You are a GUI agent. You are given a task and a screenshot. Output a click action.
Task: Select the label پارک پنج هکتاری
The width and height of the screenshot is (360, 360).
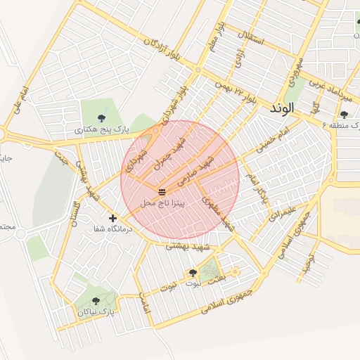tap(103, 130)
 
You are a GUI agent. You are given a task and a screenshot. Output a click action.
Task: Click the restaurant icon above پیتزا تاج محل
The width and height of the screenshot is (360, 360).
tap(162, 192)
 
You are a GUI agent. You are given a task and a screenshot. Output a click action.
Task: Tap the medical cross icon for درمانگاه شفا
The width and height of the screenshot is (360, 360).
tap(112, 219)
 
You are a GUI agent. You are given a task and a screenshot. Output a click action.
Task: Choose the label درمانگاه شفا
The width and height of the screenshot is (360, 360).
tap(112, 229)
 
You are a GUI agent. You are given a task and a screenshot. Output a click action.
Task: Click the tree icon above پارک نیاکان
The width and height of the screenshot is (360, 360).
tap(96, 301)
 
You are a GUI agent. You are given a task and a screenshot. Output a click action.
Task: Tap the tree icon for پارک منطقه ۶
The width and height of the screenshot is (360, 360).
tap(344, 115)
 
